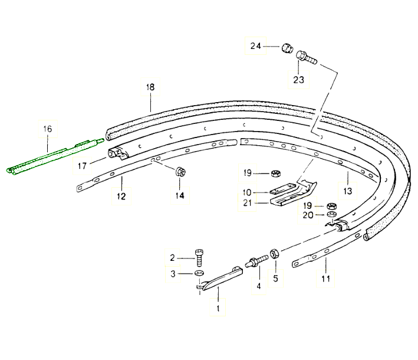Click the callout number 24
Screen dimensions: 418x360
tap(255, 46)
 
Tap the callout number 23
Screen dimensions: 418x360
tap(298, 80)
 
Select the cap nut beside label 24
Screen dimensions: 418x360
tap(287, 48)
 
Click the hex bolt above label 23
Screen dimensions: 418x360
tap(307, 57)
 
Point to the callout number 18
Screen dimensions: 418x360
tap(150, 87)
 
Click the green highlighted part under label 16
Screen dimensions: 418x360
tap(55, 156)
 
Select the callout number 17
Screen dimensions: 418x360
tap(82, 166)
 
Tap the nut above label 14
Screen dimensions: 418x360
tap(180, 171)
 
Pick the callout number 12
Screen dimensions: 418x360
tap(121, 197)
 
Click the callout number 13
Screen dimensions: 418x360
tap(348, 191)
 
